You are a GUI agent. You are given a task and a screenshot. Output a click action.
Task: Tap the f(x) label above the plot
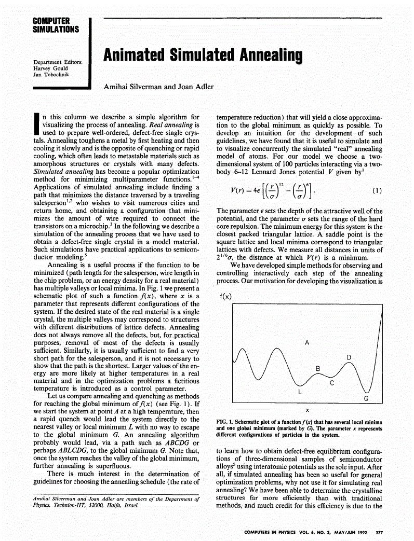226,296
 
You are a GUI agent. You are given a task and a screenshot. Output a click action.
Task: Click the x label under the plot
308,409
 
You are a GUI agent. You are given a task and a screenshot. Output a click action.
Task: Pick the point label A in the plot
307,343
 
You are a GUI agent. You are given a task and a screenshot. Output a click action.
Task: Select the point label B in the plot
318,368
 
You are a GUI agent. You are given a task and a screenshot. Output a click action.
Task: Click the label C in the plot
332,383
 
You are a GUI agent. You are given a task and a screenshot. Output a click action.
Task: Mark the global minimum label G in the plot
366,398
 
